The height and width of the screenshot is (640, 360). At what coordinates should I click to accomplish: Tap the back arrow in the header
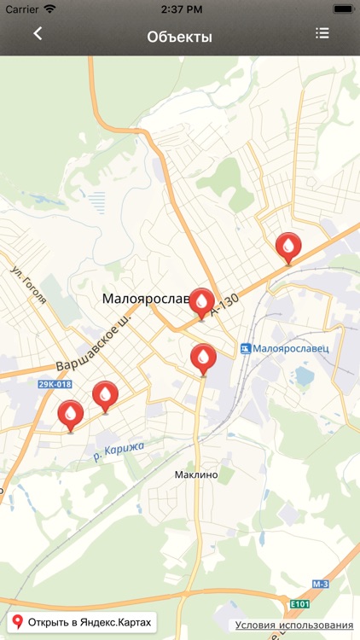pyautogui.click(x=38, y=34)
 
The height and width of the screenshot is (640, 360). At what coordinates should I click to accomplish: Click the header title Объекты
pyautogui.click(x=179, y=37)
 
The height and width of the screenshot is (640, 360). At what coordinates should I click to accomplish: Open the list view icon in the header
pyautogui.click(x=322, y=34)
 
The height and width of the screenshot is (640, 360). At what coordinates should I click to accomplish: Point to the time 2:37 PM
pyautogui.click(x=179, y=9)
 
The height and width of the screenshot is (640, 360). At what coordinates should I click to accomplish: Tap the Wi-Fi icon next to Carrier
pyautogui.click(x=49, y=9)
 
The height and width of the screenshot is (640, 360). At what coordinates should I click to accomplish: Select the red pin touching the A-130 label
pyautogui.click(x=202, y=302)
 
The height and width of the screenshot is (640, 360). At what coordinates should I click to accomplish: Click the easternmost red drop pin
pyautogui.click(x=289, y=247)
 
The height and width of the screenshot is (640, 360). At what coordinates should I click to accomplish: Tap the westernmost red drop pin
pyautogui.click(x=71, y=415)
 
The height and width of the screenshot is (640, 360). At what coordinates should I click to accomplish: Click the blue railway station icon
pyautogui.click(x=247, y=348)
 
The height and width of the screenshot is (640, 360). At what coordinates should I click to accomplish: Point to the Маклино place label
pyautogui.click(x=196, y=474)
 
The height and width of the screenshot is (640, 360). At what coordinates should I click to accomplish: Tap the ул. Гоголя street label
pyautogui.click(x=29, y=284)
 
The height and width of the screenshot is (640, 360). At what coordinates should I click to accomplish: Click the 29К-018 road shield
pyautogui.click(x=55, y=385)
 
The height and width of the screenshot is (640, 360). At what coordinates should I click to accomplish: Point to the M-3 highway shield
pyautogui.click(x=320, y=584)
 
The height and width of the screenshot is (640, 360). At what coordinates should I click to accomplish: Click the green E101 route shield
pyautogui.click(x=300, y=604)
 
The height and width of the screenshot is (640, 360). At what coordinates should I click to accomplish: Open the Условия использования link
pyautogui.click(x=294, y=625)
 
